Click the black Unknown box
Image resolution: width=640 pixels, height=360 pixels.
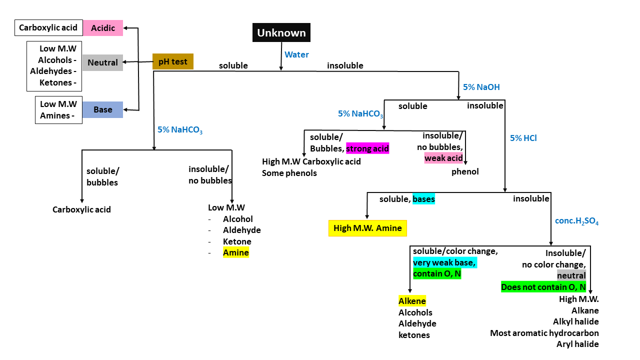pos(281,33)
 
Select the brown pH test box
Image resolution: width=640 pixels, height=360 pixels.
pos(172,61)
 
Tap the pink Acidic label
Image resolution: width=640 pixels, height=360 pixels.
pos(103,28)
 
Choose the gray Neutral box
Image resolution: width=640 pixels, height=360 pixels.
pos(102,62)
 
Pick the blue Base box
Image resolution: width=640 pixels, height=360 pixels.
pos(102,109)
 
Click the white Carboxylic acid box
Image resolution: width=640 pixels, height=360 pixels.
pos(48,28)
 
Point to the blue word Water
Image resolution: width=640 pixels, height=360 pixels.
pos(296,54)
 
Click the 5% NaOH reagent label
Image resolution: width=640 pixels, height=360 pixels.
pos(481,87)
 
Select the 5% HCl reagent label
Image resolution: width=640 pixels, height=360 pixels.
pos(523,138)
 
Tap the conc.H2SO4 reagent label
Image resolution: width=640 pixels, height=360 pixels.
pos(576,221)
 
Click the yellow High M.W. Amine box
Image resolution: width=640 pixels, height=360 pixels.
pos(367,228)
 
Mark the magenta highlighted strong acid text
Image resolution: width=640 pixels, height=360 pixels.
pos(367,148)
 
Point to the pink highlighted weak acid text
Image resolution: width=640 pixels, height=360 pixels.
pos(443,158)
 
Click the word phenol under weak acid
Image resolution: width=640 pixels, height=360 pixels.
pos(465,171)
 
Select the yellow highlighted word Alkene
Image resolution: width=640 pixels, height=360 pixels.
pos(412,301)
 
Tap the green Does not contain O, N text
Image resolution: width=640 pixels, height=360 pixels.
pos(543,287)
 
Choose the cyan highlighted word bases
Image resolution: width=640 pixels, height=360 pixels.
pos(423,199)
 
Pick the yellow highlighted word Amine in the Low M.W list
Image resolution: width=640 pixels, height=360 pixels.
pos(235,252)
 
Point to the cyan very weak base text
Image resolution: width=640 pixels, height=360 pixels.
pos(444,262)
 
